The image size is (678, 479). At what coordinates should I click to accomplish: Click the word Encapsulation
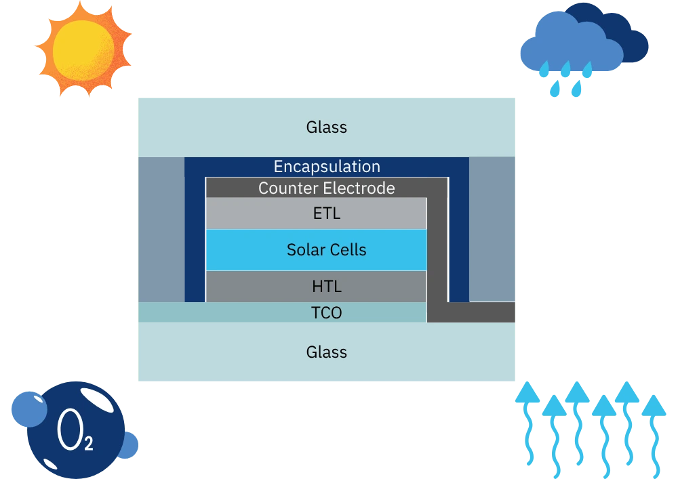pos(327,167)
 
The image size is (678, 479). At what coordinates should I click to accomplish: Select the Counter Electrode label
pos(327,188)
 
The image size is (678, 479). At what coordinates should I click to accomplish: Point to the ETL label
pos(327,214)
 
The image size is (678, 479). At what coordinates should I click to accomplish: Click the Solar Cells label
pos(327,250)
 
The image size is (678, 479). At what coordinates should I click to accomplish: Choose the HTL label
pos(327,287)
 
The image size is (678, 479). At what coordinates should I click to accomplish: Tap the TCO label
pos(327,313)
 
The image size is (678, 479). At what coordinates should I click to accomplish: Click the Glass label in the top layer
pos(327,127)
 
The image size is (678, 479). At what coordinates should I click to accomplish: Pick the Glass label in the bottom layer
pos(327,352)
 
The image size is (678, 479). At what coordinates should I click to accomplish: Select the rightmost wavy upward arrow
pos(654,434)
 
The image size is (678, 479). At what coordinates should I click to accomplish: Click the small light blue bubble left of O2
pos(29,409)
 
